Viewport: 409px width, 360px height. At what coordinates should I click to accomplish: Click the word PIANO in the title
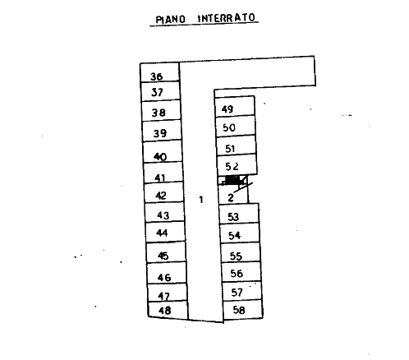[170, 20]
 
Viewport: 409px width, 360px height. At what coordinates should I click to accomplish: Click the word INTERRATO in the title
[227, 18]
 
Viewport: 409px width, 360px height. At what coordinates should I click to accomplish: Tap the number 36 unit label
[157, 76]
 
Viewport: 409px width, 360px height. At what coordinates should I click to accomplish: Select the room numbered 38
[161, 111]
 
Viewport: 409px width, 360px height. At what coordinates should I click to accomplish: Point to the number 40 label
[160, 157]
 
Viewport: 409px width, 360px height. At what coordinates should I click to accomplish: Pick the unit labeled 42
[163, 193]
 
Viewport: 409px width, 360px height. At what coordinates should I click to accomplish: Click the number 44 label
[162, 233]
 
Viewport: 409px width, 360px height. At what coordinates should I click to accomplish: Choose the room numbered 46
[167, 273]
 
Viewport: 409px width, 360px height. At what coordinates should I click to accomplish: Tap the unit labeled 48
[168, 311]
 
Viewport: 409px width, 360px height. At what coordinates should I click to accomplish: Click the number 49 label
[227, 109]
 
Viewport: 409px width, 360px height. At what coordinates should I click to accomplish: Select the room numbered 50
[236, 126]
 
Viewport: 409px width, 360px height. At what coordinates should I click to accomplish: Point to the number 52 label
[232, 166]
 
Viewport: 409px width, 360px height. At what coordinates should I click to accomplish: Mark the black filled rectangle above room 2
[232, 180]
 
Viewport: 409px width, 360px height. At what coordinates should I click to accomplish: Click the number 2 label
[231, 197]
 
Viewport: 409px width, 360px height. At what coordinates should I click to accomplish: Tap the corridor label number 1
[201, 200]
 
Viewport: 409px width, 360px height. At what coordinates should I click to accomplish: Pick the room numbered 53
[239, 214]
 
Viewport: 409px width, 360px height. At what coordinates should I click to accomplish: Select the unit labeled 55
[241, 253]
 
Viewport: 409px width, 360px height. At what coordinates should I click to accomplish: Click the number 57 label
[237, 293]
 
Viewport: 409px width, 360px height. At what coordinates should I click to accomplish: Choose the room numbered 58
[243, 310]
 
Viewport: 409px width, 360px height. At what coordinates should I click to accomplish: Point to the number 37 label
[157, 92]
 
